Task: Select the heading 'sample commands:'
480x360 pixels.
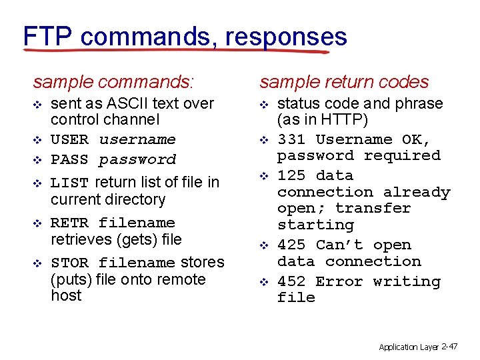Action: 113,82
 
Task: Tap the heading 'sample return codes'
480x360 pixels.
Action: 344,82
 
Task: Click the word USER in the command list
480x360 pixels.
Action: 69,140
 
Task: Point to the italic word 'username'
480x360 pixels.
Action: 137,140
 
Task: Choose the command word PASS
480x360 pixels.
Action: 69,160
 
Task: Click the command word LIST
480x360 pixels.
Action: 69,183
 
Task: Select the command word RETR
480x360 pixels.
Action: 69,223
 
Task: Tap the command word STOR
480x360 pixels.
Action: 69,263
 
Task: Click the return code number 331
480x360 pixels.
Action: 291,140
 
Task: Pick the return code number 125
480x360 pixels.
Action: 291,176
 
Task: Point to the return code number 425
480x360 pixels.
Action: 291,245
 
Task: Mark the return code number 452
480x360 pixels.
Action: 291,281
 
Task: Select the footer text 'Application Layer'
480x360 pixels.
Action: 408,347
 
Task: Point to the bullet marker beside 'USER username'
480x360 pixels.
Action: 38,141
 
